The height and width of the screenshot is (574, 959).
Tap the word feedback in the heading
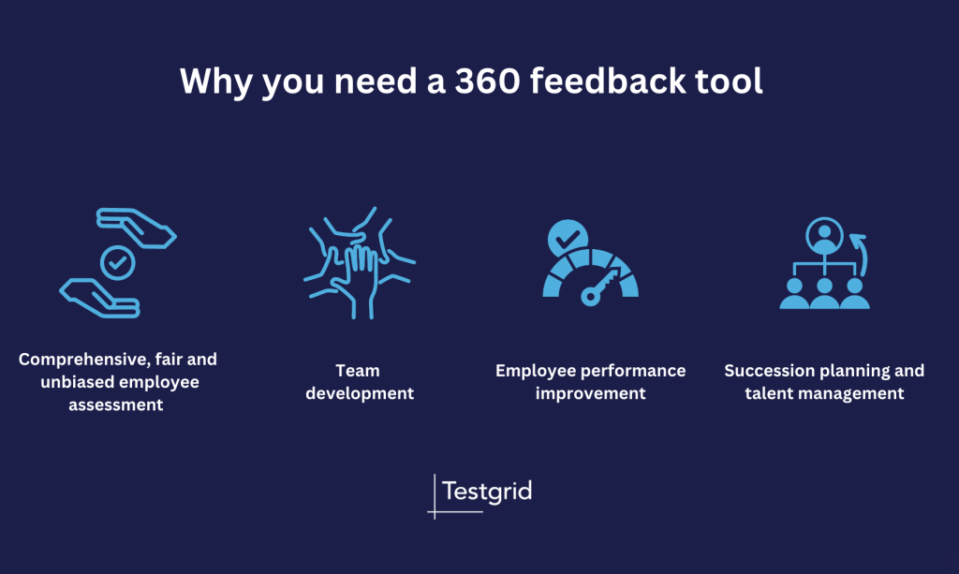[x=615, y=81]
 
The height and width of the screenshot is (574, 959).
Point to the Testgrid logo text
[x=486, y=491]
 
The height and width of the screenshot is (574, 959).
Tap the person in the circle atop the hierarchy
[x=825, y=235]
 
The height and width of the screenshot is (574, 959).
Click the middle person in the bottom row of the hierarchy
[x=825, y=292]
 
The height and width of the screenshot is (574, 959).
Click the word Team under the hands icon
[x=360, y=371]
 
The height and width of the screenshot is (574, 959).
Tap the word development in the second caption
[x=360, y=393]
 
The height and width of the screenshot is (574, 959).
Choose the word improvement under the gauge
[x=591, y=393]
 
